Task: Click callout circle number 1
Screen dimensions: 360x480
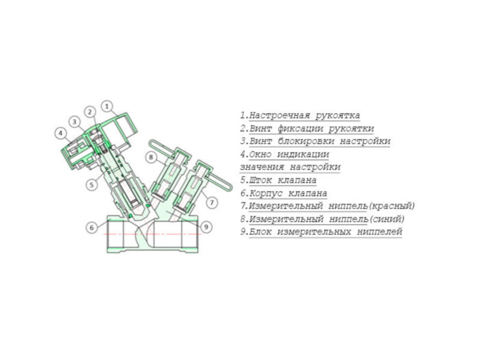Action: tap(107, 106)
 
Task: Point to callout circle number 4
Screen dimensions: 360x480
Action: tap(61, 132)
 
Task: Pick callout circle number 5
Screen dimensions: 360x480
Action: tap(91, 184)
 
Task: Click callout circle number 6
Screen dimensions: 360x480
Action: tap(91, 227)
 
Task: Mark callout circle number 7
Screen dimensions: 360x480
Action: tap(212, 202)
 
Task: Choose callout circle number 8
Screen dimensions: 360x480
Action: tap(151, 158)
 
